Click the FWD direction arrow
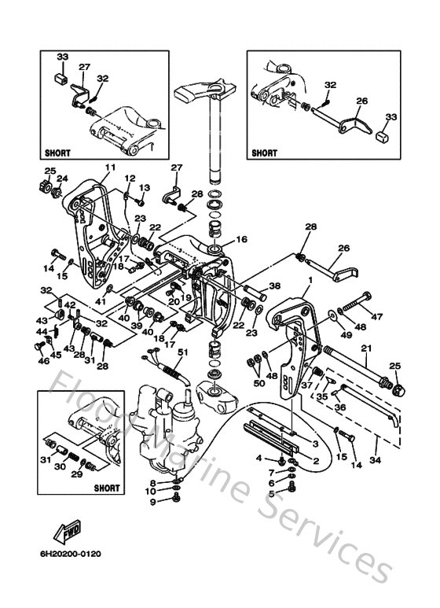(x=68, y=531)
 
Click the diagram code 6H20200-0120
(x=71, y=554)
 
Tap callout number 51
(x=182, y=352)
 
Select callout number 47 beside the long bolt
(x=376, y=316)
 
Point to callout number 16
(x=241, y=239)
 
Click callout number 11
(x=110, y=168)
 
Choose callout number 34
(x=375, y=460)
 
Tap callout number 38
(x=275, y=286)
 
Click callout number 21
(x=366, y=348)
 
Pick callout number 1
(x=310, y=279)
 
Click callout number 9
(x=153, y=502)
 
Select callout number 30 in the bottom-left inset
(x=60, y=467)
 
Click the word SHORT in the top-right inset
(x=264, y=153)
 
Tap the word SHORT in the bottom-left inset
(x=107, y=488)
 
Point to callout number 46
(x=43, y=360)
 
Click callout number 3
(x=315, y=444)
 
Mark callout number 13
(x=145, y=188)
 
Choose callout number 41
(x=101, y=301)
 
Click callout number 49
(x=346, y=334)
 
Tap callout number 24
(x=62, y=179)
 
